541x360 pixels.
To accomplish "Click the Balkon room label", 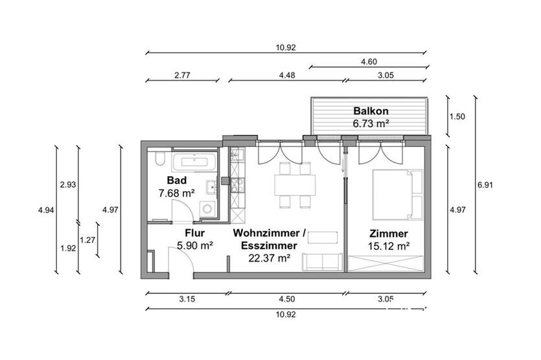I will pos(370,109).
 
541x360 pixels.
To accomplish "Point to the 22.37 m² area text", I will pos(269,258).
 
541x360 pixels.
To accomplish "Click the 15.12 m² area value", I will pos(389,246).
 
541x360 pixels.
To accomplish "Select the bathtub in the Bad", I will pos(192,162).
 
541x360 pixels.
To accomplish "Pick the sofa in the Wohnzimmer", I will pos(323,262).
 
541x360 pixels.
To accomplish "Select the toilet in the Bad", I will pos(160,159).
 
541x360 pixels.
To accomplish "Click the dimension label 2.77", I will pos(182,76).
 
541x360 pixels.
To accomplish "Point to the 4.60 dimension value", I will pos(368,62).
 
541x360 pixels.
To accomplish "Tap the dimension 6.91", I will pos(485,185).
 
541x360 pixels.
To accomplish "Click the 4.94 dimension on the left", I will pos(45,210).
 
